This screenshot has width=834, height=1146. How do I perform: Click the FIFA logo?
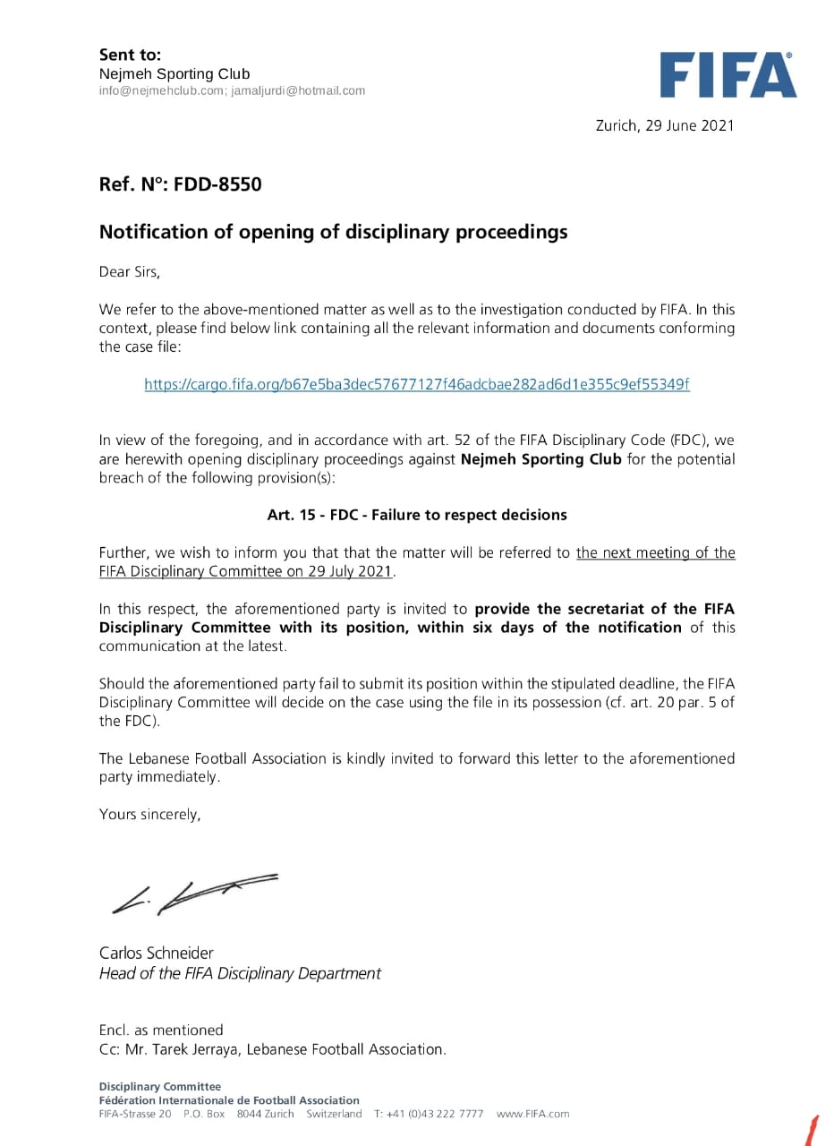click(728, 75)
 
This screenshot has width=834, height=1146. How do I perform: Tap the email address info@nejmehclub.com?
click(161, 90)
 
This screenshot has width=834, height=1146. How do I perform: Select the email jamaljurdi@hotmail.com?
click(298, 90)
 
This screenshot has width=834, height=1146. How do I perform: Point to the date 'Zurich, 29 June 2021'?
click(664, 125)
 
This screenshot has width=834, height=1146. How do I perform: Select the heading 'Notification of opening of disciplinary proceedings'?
click(333, 232)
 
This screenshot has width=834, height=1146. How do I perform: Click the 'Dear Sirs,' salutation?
click(129, 271)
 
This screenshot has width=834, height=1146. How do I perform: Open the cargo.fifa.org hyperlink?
click(417, 384)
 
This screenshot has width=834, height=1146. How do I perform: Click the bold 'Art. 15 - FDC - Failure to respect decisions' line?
click(417, 515)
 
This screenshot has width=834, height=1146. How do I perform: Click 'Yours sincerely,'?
click(149, 815)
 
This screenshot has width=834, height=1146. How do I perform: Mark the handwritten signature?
click(193, 892)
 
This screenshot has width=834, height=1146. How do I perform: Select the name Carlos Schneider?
click(157, 953)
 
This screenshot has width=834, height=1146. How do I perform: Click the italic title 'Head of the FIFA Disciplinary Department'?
click(240, 973)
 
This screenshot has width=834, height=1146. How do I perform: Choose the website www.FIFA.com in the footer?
click(532, 1114)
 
